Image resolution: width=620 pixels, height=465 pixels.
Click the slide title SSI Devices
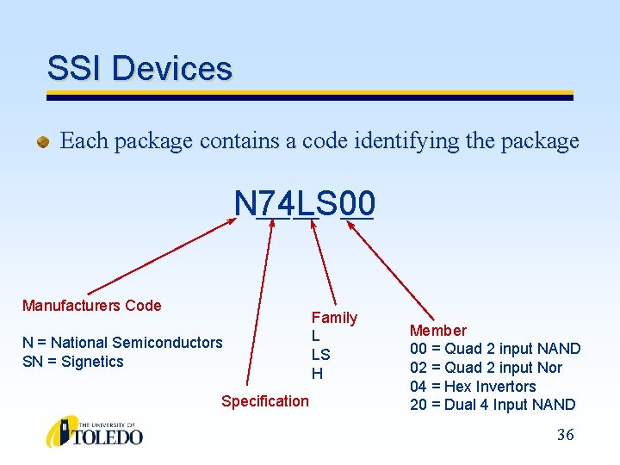tap(139, 68)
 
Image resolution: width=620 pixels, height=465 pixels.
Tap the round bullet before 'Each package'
tap(41, 141)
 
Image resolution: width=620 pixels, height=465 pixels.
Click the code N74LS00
tap(304, 205)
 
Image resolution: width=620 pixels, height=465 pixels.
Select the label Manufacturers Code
tap(91, 305)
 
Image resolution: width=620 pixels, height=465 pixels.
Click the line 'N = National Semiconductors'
tap(122, 342)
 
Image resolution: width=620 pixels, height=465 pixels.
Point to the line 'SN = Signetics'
tap(72, 361)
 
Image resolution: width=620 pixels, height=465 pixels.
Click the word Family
tap(334, 317)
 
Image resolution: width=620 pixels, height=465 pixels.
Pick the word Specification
tap(264, 400)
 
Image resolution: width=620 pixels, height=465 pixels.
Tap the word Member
tap(437, 330)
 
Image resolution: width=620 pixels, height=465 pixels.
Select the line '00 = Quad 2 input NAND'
tap(494, 349)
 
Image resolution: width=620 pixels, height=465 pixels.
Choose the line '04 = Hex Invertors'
tap(472, 387)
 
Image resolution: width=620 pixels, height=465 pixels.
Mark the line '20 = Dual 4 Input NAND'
tap(492, 405)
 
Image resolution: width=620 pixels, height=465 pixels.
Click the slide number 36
tap(565, 434)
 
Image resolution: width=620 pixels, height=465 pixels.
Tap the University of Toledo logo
tap(95, 431)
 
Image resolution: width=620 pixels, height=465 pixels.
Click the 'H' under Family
tap(317, 374)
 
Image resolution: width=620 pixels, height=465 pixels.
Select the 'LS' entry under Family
tap(320, 355)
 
